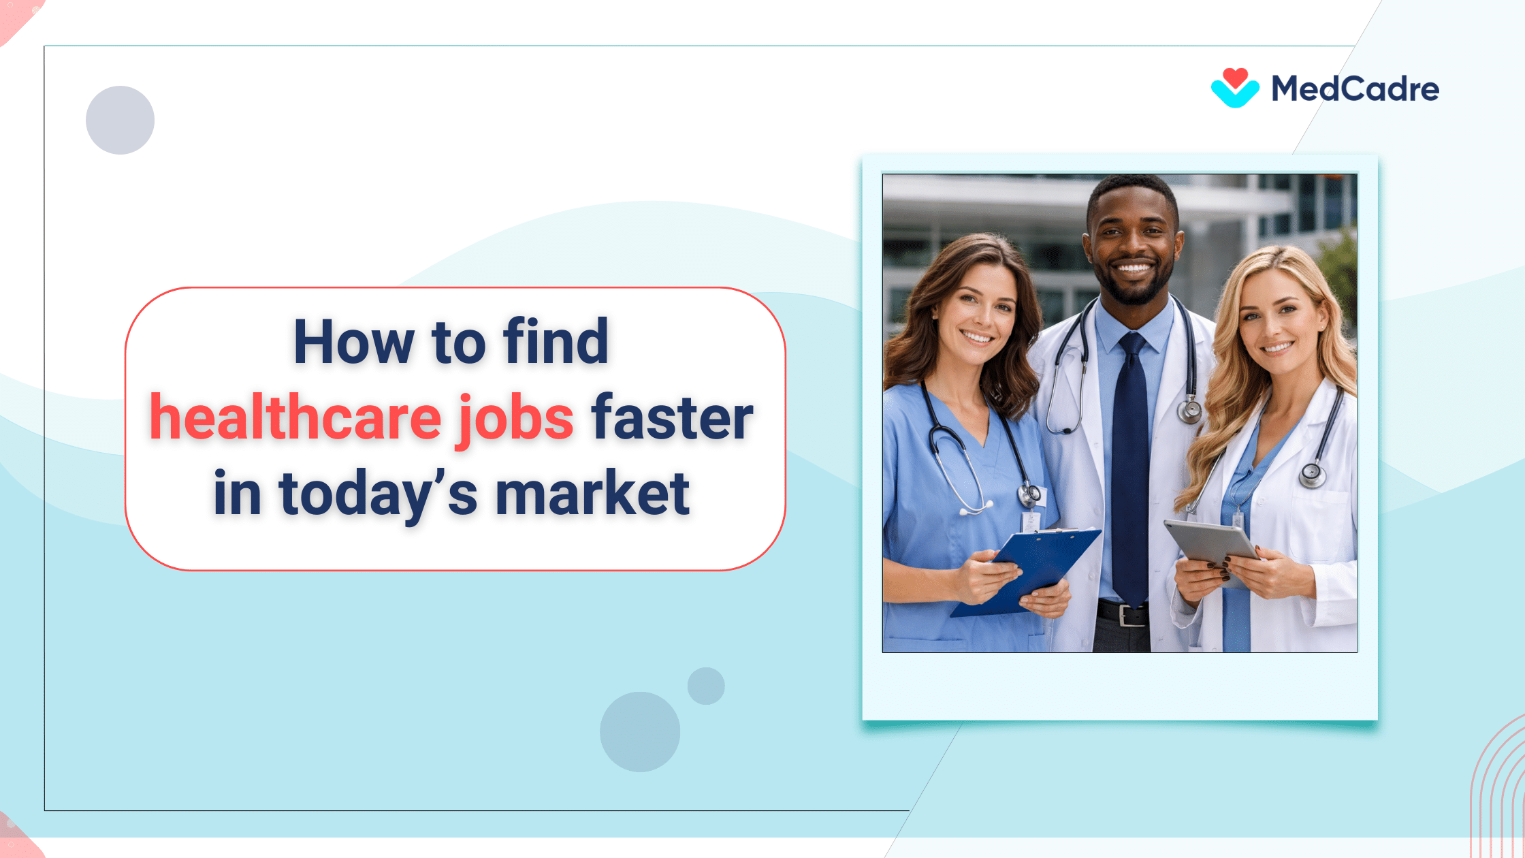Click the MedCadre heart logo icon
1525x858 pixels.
point(1235,88)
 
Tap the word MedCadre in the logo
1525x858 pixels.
point(1355,89)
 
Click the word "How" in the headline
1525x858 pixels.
point(354,342)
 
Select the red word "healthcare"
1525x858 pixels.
point(295,417)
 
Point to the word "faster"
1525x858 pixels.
point(672,417)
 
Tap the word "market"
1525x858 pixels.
point(592,494)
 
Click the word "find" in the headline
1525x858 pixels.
point(556,342)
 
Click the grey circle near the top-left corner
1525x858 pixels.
point(120,120)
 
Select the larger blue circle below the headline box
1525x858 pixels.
point(639,731)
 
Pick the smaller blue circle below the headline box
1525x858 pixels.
point(706,686)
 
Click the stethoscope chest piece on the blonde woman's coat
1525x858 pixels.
point(1311,475)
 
